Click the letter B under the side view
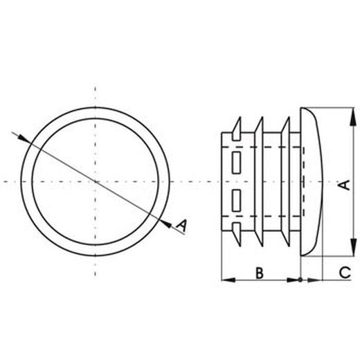[x=259, y=272]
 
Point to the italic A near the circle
[x=181, y=225]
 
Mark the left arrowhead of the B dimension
[x=226, y=280]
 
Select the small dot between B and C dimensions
[x=300, y=280]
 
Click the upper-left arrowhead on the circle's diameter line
[x=25, y=138]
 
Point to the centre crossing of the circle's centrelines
[x=95, y=181]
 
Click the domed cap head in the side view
[x=312, y=181]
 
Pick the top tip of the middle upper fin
[x=262, y=117]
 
